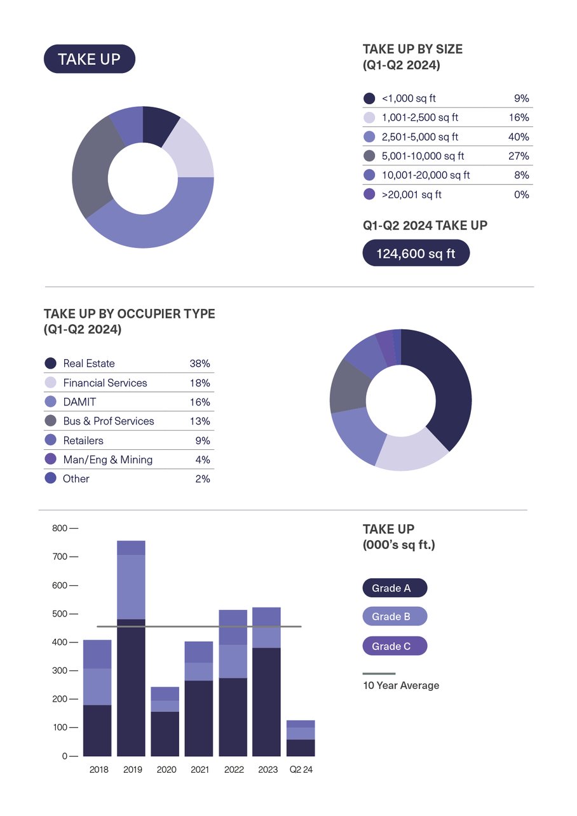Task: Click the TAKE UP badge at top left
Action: (89, 59)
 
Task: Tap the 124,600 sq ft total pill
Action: (416, 254)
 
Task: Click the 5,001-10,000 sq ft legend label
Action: (423, 156)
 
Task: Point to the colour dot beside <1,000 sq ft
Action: (369, 99)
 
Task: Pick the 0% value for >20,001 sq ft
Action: (521, 194)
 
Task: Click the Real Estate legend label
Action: (89, 364)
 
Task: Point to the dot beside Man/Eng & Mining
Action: (51, 459)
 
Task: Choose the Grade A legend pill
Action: (394, 588)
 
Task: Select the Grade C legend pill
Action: (394, 646)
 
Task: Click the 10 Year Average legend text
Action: (400, 686)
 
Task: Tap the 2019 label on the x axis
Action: (132, 770)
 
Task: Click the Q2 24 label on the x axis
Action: (301, 770)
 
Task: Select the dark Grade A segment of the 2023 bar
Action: (267, 702)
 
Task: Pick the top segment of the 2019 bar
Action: (131, 548)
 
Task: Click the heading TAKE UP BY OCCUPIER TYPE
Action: (129, 314)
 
